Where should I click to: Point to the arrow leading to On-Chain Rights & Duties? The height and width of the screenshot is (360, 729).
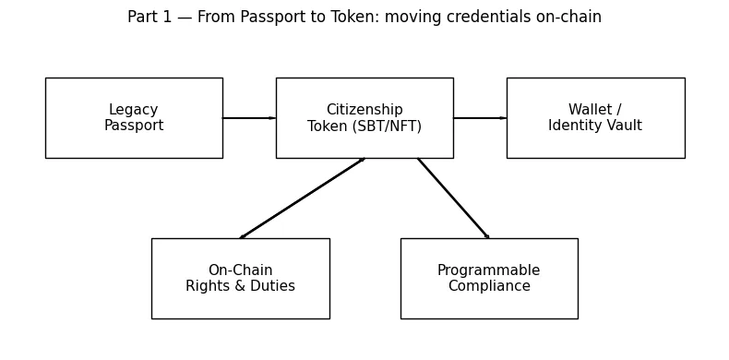303,198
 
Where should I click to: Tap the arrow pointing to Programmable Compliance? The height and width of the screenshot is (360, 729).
453,198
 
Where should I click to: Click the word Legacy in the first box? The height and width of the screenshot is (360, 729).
134,111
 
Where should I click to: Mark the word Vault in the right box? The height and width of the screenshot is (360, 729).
621,126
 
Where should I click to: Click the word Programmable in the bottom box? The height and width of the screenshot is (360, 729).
489,270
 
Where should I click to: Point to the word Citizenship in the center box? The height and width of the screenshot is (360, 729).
364,111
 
